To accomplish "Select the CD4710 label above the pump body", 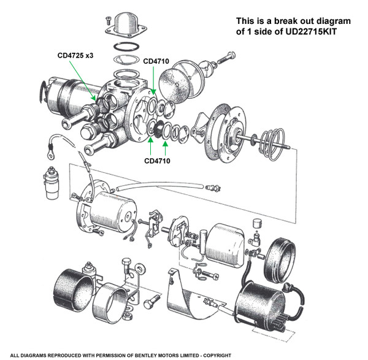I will pyautogui.click(x=157, y=62).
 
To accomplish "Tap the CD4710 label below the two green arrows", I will pyautogui.click(x=157, y=161).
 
